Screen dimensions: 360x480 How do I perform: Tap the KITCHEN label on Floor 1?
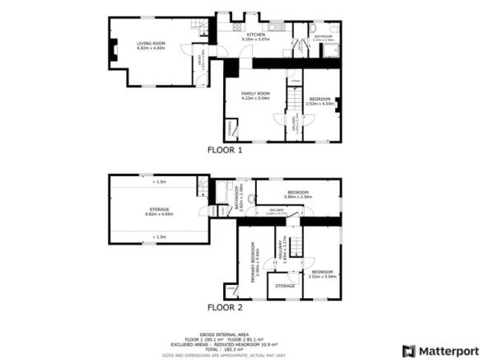click(254, 34)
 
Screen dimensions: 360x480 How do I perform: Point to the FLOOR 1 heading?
click(225, 151)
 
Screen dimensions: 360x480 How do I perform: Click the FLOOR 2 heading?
click(225, 306)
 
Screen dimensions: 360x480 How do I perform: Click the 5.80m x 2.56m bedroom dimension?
click(296, 197)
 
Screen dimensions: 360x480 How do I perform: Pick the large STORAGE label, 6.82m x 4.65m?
click(159, 210)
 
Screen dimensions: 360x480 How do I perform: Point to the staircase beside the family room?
click(291, 100)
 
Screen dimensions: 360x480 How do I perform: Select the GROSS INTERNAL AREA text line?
click(226, 334)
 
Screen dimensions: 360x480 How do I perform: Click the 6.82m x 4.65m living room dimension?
click(151, 48)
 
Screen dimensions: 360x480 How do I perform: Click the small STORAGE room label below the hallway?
click(285, 286)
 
